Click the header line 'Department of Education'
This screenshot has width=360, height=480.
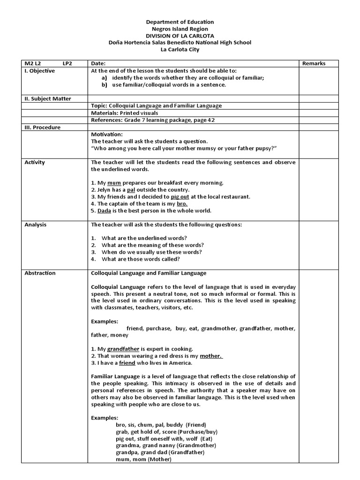point(180,22)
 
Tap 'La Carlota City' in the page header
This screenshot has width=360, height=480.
point(180,49)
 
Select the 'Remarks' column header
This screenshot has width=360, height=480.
point(314,64)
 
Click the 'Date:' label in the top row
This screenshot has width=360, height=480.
point(98,64)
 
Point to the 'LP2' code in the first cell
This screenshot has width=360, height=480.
point(67,64)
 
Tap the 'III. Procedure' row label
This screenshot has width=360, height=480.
point(42,127)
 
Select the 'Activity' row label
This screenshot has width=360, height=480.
point(35,162)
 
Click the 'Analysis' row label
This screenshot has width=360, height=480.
point(36,225)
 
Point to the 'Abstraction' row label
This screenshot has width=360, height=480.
point(40,273)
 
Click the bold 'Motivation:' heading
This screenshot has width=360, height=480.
point(106,134)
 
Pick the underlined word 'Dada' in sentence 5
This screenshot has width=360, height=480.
point(97,210)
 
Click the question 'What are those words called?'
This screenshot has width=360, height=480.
point(141,259)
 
